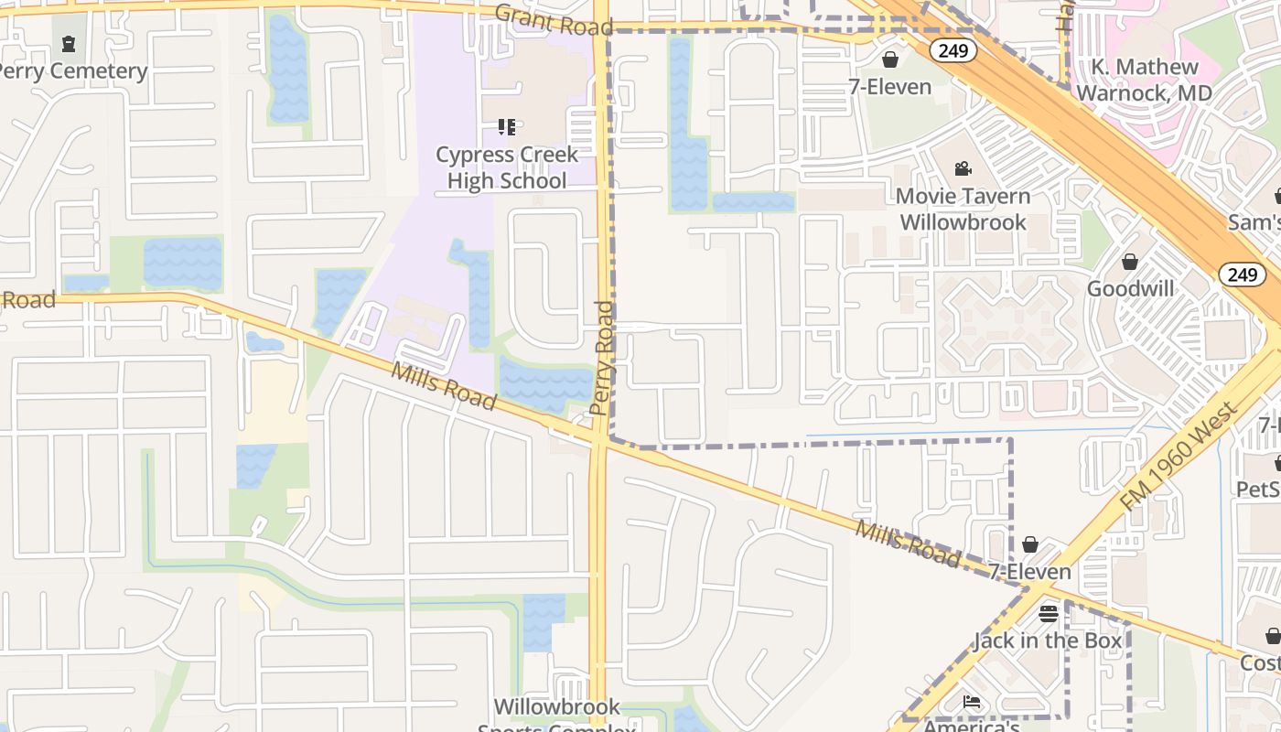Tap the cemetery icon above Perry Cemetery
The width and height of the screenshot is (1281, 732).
pos(68,43)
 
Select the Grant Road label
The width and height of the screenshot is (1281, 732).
pos(554,20)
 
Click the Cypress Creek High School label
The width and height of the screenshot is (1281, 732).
pos(507,168)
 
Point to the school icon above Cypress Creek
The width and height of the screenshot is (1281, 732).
pos(507,126)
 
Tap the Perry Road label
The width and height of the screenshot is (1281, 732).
pos(602,358)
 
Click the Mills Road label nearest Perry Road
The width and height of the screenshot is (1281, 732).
pos(444,386)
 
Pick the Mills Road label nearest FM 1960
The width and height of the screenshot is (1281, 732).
pos(908,544)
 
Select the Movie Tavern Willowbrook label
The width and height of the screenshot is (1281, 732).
pos(963,209)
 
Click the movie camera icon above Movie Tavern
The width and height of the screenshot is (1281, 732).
pos(963,168)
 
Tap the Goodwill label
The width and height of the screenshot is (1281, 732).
pos(1130,289)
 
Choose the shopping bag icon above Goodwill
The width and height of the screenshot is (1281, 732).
pos(1130,263)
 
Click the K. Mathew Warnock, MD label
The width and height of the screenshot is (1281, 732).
pos(1144,81)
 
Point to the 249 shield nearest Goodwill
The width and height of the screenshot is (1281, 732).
pos(1242,274)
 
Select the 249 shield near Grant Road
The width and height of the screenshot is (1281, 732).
pos(953,50)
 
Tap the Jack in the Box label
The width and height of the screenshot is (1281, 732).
pos(1048,640)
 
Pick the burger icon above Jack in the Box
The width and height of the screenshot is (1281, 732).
pos(1049,613)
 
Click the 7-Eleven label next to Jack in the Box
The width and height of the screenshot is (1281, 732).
pos(1029,572)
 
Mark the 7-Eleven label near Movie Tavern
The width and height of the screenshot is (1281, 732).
pos(889,87)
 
